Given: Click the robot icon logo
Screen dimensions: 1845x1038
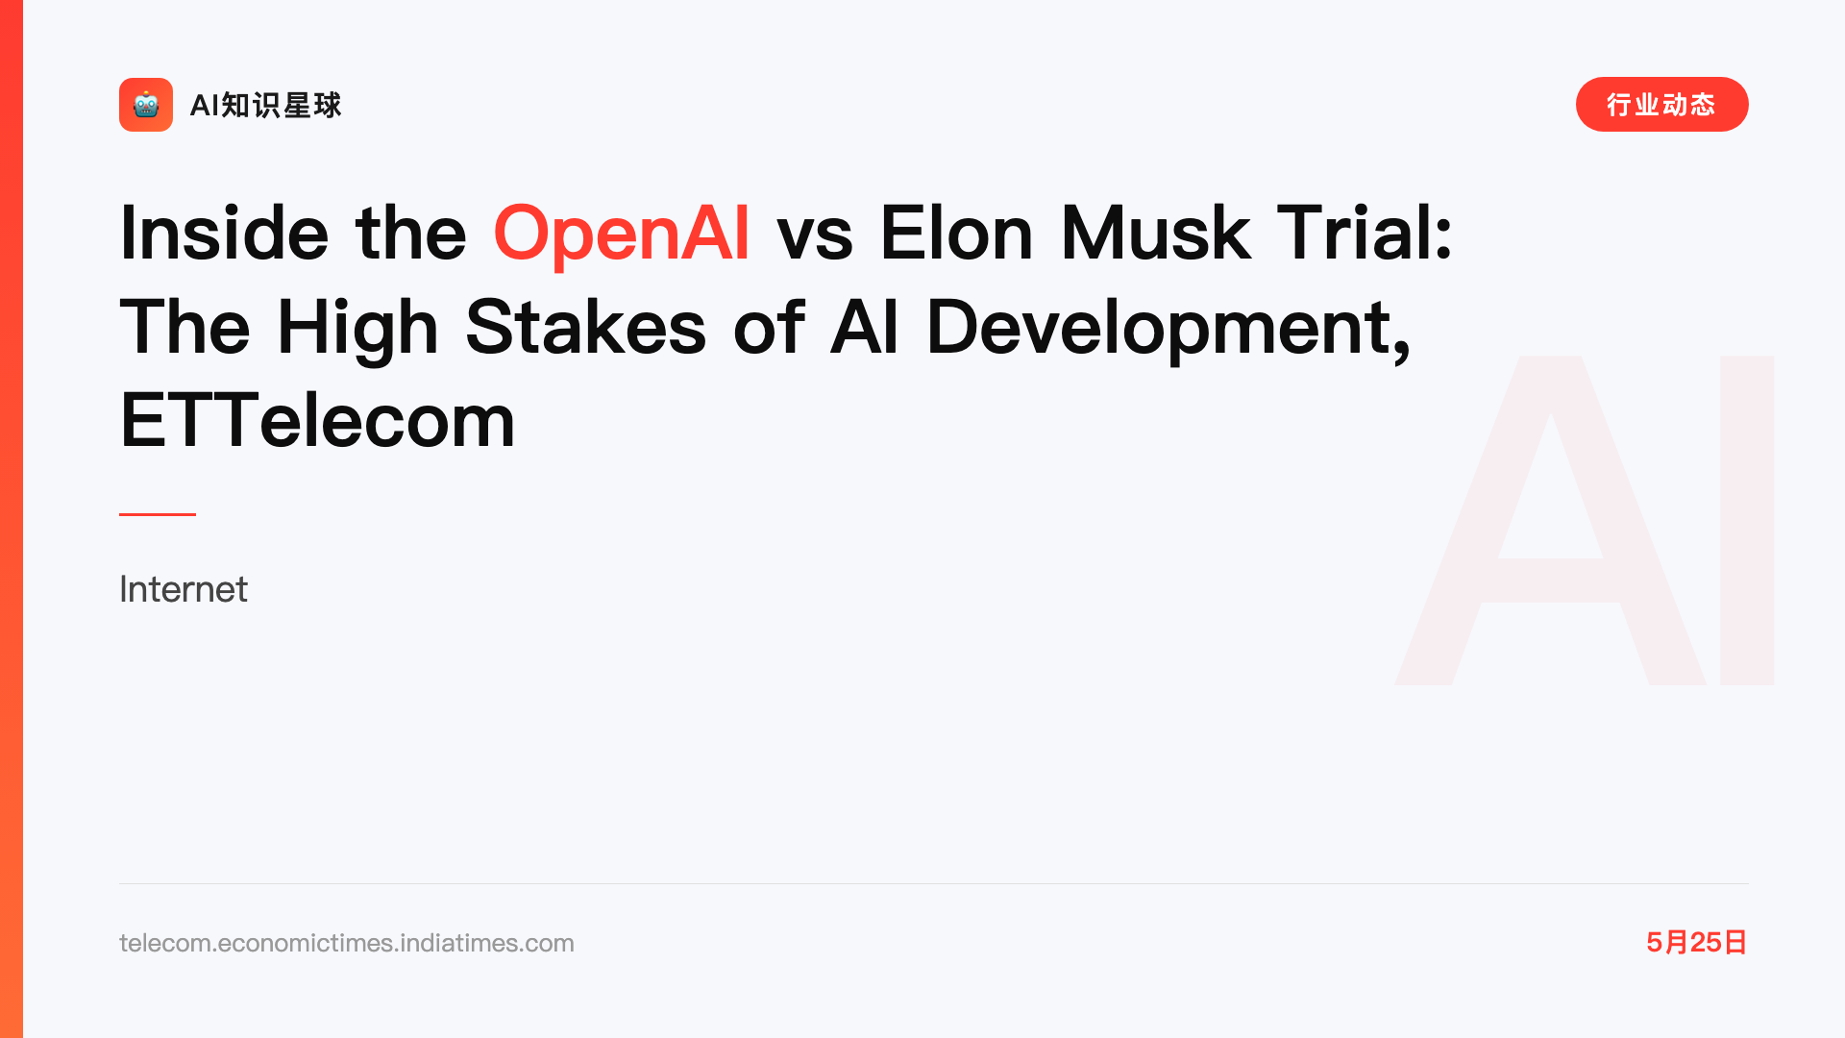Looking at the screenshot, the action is coord(146,105).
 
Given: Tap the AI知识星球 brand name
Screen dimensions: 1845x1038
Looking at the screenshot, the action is coord(265,105).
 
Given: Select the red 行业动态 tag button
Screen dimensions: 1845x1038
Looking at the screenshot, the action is coord(1661,105).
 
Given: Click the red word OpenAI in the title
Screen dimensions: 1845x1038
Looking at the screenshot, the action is coord(621,234).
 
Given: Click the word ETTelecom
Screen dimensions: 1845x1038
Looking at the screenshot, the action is coord(317,420).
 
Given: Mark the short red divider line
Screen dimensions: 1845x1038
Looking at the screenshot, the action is coord(158,514).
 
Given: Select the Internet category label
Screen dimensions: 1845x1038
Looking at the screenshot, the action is coord(184,589).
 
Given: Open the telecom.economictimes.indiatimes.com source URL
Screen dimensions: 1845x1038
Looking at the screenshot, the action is coord(347,943).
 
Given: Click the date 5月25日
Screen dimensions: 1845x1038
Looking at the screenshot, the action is coord(1697,942).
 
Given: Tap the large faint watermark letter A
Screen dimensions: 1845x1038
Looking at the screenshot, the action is coord(1550,520).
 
